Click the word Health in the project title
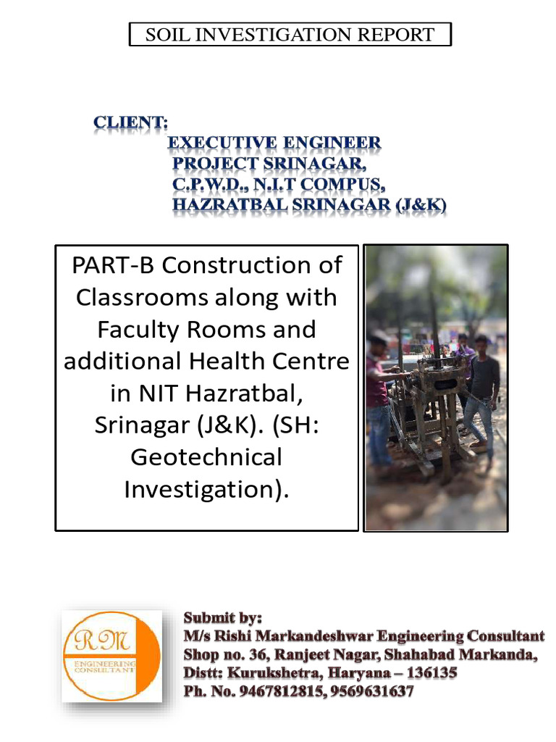(245, 361)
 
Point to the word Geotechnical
(206, 457)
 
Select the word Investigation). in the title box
(206, 490)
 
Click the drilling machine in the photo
(427, 406)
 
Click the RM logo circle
(101, 656)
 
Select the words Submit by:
(222, 618)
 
